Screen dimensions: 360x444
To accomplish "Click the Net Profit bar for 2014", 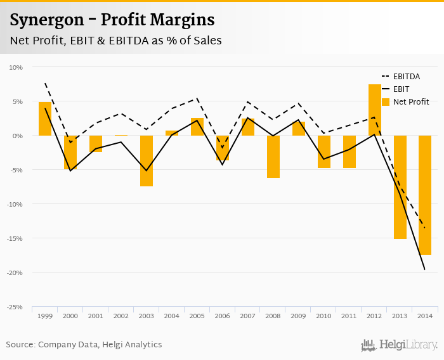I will pos(425,195).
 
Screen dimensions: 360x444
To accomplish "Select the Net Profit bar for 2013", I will pos(400,187).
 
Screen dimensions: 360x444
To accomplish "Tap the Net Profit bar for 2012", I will pos(375,110).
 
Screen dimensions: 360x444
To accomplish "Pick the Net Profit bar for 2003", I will pos(147,161).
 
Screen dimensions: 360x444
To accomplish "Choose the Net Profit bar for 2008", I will pos(273,157).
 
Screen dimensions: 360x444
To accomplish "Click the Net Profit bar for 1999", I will pos(45,119).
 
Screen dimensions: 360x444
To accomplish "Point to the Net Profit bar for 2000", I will pos(70,152).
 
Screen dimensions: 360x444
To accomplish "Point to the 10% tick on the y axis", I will pos(15,67).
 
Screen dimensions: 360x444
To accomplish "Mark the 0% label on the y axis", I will pos(17,136).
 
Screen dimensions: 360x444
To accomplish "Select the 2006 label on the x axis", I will pos(223,316).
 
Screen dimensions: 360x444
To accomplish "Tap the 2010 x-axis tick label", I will pos(324,316).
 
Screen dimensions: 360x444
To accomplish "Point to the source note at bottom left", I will pos(84,345).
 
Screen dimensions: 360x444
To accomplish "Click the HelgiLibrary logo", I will pos(400,345).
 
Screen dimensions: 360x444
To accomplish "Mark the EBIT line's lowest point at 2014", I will pos(425,270).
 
